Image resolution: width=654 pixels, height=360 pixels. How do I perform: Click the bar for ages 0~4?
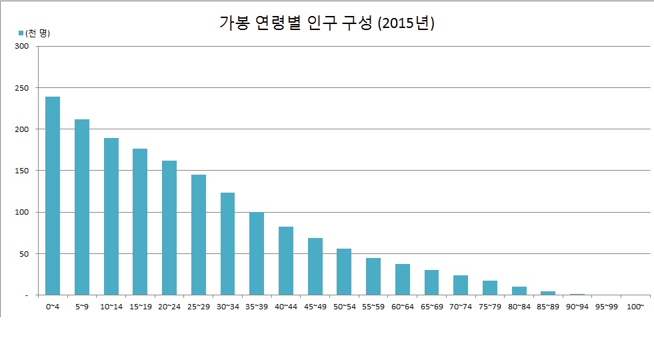[53, 196]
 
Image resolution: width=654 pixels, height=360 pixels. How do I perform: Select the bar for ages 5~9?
[82, 207]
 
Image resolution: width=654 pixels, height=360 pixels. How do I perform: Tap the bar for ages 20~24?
[169, 228]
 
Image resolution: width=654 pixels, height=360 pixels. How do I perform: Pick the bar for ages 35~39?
[257, 253]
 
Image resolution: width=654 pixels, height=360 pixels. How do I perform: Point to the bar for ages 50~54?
[344, 271]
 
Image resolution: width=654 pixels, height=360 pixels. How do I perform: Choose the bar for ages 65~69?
[431, 282]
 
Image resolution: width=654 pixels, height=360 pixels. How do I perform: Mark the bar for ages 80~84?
[519, 291]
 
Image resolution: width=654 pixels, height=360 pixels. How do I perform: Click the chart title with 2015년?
[327, 23]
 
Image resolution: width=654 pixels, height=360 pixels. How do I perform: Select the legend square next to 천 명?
[21, 33]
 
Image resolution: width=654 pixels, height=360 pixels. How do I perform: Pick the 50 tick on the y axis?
[25, 254]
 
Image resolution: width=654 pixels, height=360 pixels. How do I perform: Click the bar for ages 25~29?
[199, 235]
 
